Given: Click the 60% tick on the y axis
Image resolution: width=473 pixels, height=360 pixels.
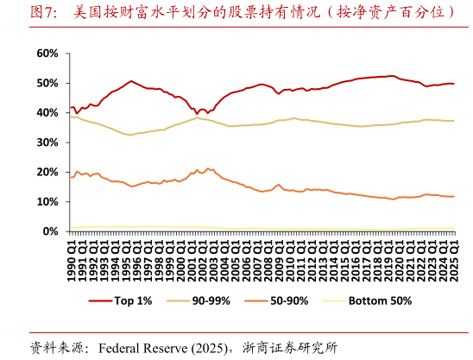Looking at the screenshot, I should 47,54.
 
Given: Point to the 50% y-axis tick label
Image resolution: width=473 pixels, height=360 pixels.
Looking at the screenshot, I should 47,83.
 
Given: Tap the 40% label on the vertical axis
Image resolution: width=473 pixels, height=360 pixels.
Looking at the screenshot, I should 47,113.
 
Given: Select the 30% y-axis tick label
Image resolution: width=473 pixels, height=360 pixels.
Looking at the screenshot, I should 47,142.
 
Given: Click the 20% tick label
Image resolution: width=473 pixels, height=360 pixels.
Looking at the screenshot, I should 47,172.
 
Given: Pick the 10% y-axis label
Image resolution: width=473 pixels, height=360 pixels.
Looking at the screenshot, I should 47,202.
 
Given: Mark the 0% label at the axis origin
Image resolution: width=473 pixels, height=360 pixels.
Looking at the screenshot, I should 51,231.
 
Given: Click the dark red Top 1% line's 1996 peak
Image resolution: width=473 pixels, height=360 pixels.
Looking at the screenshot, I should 131,81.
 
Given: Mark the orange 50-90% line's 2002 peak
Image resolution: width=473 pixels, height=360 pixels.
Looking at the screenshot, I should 207,167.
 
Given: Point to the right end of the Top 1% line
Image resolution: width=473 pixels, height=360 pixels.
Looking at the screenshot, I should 453,84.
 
